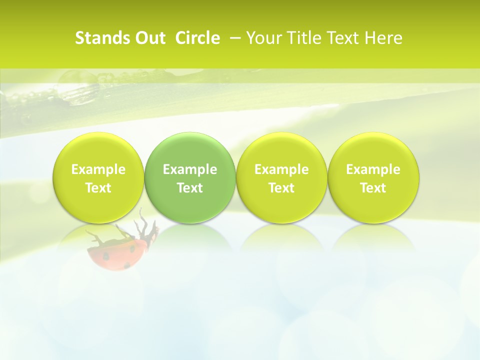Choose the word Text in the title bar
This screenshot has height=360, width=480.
(340, 38)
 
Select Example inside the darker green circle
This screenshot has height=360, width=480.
(190, 169)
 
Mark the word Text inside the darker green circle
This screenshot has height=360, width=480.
(190, 188)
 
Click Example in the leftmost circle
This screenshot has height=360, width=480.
(98, 169)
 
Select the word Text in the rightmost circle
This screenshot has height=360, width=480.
(373, 188)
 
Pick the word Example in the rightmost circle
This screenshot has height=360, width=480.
(373, 169)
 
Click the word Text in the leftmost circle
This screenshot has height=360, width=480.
(98, 188)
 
